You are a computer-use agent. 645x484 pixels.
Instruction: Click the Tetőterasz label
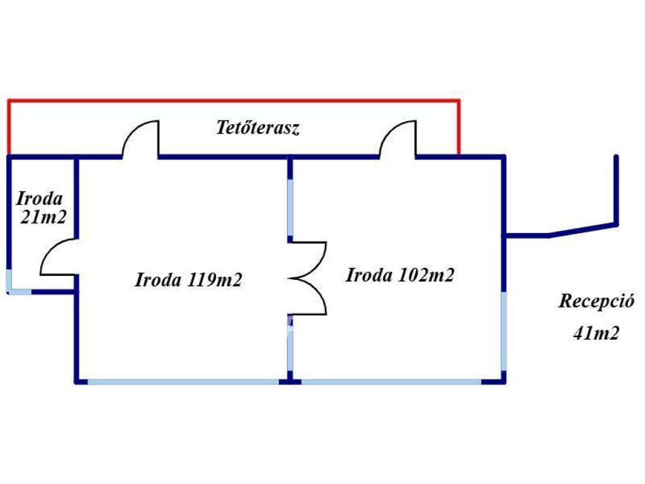click(x=258, y=129)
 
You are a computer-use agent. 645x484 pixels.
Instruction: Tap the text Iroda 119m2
click(x=188, y=280)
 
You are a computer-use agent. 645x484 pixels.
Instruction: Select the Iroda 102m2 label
click(x=401, y=275)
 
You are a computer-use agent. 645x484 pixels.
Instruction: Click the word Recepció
click(x=595, y=301)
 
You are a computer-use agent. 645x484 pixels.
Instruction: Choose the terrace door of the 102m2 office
click(x=399, y=139)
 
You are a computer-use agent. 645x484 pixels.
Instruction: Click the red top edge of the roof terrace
click(x=233, y=100)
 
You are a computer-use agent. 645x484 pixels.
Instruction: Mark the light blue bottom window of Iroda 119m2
click(x=183, y=381)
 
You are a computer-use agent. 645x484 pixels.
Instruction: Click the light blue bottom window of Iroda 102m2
click(x=391, y=381)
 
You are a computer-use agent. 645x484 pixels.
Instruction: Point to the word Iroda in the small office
click(x=40, y=199)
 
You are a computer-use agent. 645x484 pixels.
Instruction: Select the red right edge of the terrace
click(x=459, y=126)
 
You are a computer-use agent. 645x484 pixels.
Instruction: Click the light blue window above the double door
click(x=290, y=208)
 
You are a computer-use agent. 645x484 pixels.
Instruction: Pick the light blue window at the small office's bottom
click(x=19, y=292)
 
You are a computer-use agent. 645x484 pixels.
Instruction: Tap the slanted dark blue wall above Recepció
click(x=583, y=229)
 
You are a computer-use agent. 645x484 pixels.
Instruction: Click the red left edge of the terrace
click(x=9, y=126)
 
